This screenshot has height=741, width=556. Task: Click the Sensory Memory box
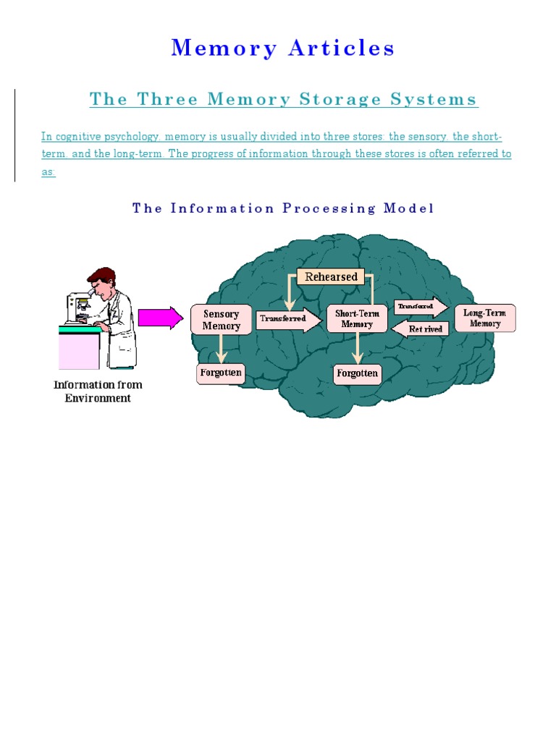click(221, 320)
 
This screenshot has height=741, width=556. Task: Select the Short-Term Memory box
click(357, 319)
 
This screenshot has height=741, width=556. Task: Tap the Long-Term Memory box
click(485, 318)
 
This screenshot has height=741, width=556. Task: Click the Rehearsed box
click(331, 277)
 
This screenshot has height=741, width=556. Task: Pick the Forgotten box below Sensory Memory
click(222, 373)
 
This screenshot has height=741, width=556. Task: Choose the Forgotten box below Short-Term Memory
click(357, 373)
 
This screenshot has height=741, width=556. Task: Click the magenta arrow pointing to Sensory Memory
click(161, 318)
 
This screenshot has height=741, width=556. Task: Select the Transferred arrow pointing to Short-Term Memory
click(288, 318)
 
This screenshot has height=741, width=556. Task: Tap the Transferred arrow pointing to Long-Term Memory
click(420, 307)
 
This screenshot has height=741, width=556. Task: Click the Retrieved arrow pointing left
click(421, 329)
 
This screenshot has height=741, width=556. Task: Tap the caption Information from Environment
click(98, 391)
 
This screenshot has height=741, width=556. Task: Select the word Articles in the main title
click(342, 48)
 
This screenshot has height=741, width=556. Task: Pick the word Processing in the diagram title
click(329, 208)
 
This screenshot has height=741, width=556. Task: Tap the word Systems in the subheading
click(434, 100)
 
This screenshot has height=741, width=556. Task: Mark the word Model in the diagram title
click(409, 208)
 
